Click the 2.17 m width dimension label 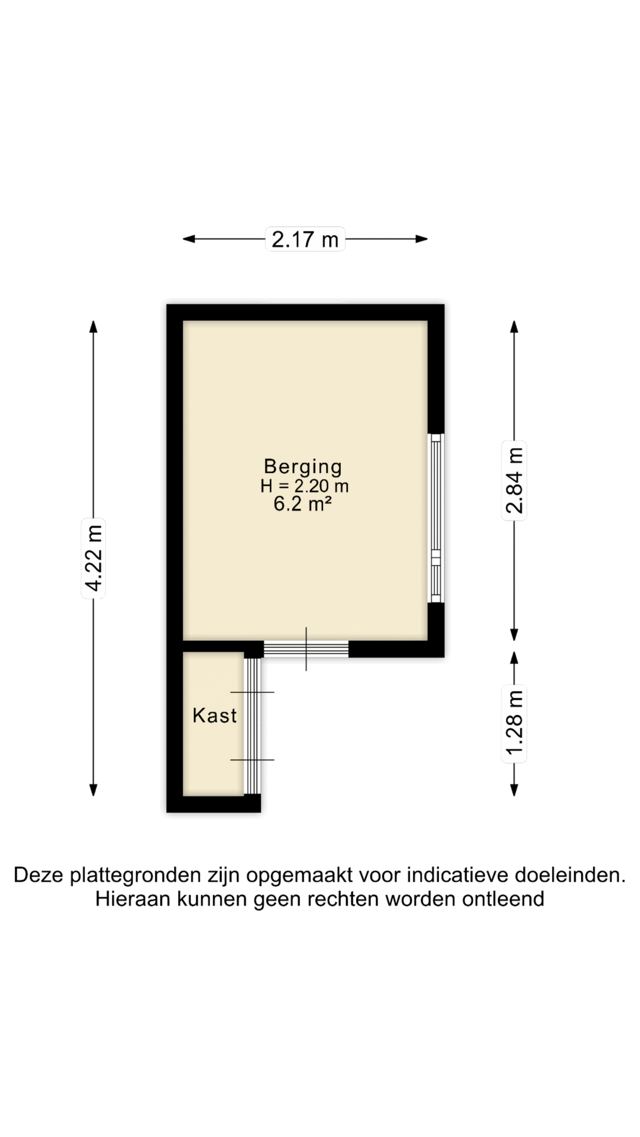pos(305,239)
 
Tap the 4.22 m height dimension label pos(94,558)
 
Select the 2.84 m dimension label pos(514,481)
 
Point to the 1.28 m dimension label pos(514,723)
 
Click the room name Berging pos(303,467)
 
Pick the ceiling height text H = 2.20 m pos(304,486)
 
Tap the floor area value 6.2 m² pos(303,505)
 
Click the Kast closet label pos(215,716)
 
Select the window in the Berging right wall pos(436,518)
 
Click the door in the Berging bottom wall pos(306,649)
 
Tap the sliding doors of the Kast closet pos(252,726)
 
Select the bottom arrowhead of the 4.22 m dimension pos(93,790)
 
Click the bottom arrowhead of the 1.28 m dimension pos(514,790)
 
